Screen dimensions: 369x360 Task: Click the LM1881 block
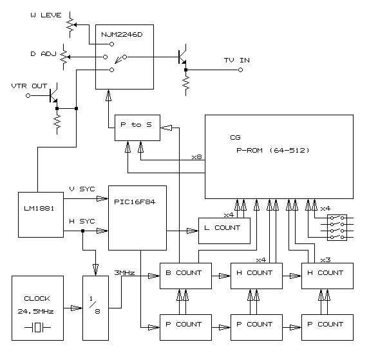(x=41, y=214)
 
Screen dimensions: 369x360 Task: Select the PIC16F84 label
(x=135, y=202)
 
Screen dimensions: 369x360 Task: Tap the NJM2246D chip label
(x=122, y=35)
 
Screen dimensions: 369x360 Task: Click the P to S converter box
(x=137, y=128)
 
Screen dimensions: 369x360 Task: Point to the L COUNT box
(x=224, y=231)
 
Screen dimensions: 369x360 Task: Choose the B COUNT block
(x=185, y=276)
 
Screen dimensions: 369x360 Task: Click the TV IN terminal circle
(x=240, y=70)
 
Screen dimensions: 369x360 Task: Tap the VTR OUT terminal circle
(x=28, y=96)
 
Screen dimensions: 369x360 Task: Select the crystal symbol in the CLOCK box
(x=37, y=327)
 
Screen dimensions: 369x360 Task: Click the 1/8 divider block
(x=95, y=308)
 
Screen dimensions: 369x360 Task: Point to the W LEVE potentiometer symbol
(x=71, y=24)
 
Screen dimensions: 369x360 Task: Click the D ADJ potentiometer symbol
(x=64, y=57)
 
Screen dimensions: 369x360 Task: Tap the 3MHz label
(x=124, y=272)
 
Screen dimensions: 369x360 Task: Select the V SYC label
(x=82, y=189)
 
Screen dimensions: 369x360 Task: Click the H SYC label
(x=82, y=221)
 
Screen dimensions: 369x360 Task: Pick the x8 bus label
(x=197, y=157)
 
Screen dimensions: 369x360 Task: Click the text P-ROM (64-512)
(x=273, y=150)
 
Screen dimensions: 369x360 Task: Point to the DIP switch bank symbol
(x=337, y=227)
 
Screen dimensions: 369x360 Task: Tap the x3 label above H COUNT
(x=325, y=260)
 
